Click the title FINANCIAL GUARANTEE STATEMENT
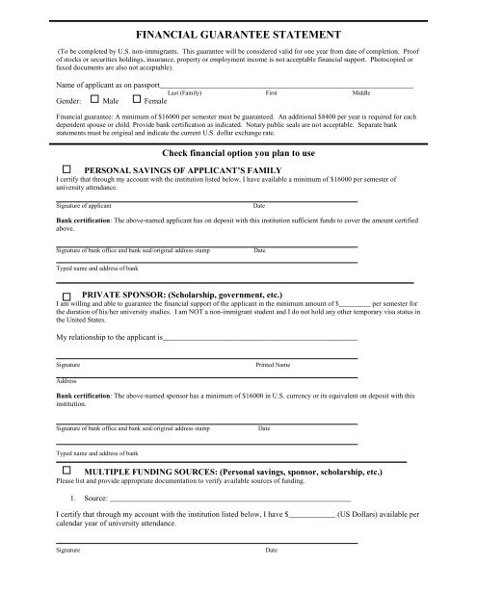(x=239, y=32)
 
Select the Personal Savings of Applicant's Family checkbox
(x=66, y=166)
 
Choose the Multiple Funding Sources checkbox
(x=66, y=474)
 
